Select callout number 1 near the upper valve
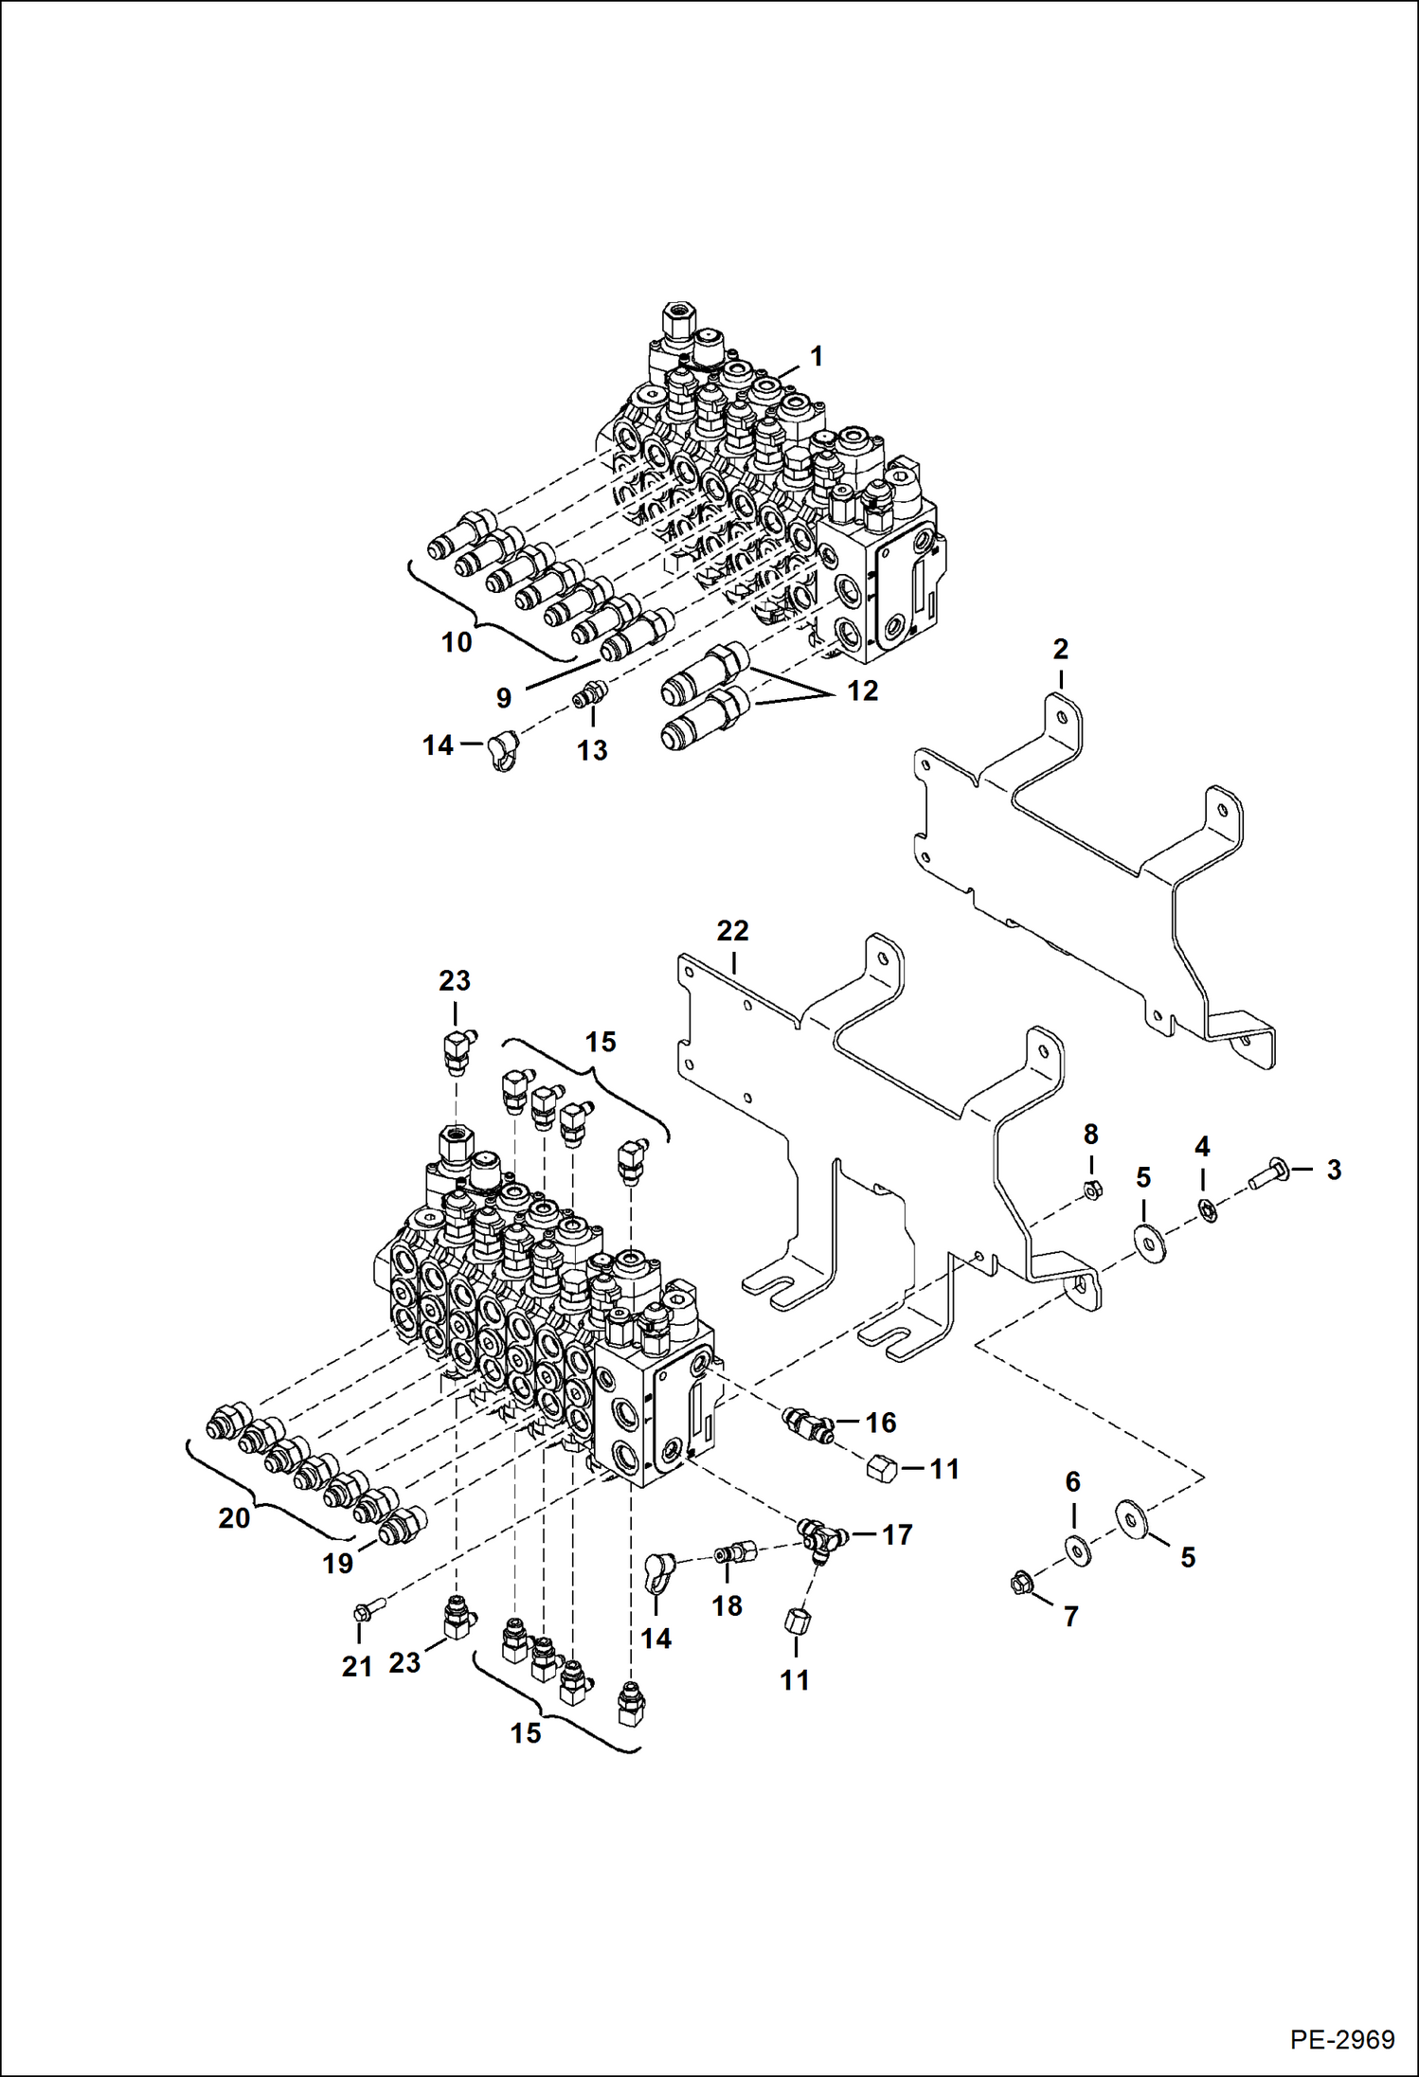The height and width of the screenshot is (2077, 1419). [816, 357]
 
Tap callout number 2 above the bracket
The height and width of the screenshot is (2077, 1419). [1060, 650]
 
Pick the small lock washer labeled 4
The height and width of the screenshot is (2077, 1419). [1207, 1209]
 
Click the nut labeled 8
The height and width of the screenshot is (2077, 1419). [1090, 1191]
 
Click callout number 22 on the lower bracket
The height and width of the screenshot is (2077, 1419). [732, 931]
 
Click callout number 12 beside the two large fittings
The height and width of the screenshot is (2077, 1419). [862, 690]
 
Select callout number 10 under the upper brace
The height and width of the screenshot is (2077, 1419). [457, 642]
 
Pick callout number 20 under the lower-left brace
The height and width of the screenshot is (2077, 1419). [234, 1518]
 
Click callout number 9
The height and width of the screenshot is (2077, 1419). [503, 698]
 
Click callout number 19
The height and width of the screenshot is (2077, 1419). [338, 1563]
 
